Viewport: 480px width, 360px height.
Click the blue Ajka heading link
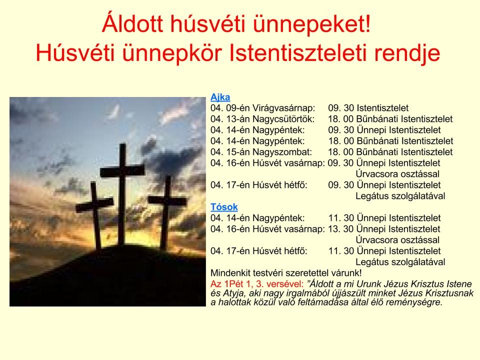pyautogui.click(x=220, y=97)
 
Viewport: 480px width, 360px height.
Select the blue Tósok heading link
pyautogui.click(x=224, y=207)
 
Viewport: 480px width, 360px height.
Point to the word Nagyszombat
pyautogui.click(x=282, y=152)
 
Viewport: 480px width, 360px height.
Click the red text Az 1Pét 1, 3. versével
pyautogui.click(x=257, y=284)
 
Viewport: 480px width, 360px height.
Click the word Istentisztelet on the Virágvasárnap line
pyautogui.click(x=382, y=108)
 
